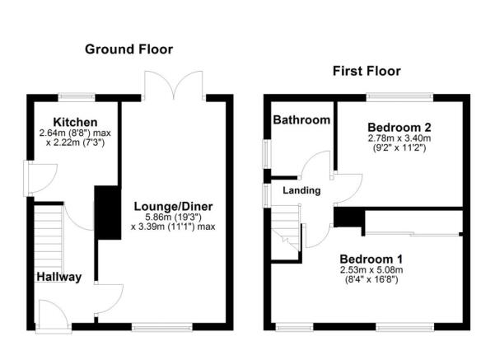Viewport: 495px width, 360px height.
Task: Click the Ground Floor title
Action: pyautogui.click(x=129, y=49)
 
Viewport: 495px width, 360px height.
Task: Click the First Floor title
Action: pyautogui.click(x=367, y=71)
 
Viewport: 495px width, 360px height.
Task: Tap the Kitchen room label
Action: pyautogui.click(x=70, y=122)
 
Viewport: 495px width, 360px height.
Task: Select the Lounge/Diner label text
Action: pyautogui.click(x=172, y=205)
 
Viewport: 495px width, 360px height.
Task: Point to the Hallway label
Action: pyautogui.click(x=58, y=277)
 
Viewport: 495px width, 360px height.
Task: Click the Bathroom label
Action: pyautogui.click(x=301, y=120)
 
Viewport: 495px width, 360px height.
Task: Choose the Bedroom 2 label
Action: pyautogui.click(x=399, y=127)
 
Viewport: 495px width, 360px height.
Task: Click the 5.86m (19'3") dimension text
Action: pyautogui.click(x=172, y=217)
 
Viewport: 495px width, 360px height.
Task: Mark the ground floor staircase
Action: pyautogui.click(x=48, y=234)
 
